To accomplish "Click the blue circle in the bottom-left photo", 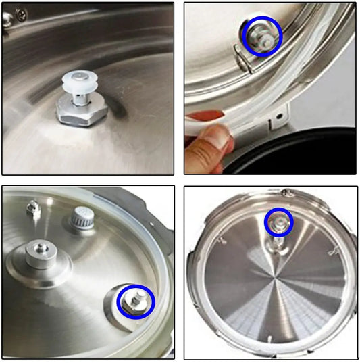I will (136, 301).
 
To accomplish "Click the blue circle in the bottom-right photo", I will (278, 222).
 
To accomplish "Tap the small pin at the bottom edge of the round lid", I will (269, 338).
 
